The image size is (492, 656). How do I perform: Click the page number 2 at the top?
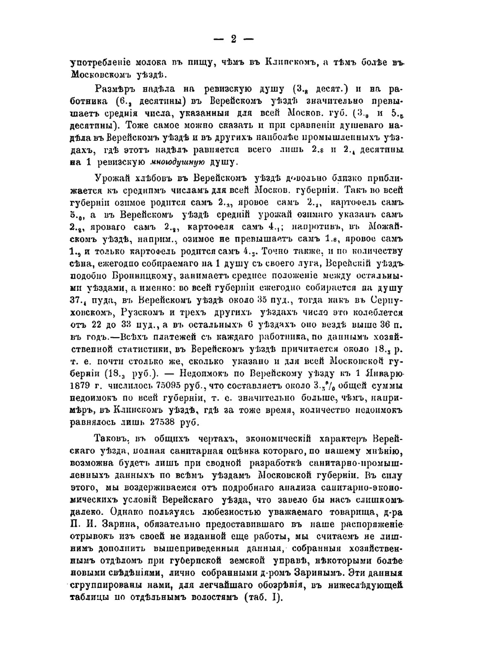(x=234, y=39)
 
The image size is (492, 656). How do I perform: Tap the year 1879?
(x=84, y=385)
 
